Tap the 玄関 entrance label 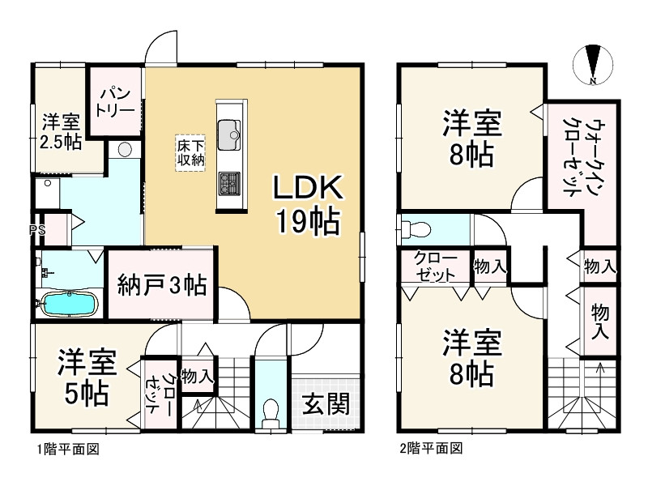tap(326, 403)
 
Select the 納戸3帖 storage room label tap(161, 285)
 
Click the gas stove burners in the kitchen tap(228, 185)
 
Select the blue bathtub tap(70, 305)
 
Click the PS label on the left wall tap(36, 229)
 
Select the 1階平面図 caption tap(66, 448)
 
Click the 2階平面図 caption tap(429, 448)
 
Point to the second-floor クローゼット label tap(435, 266)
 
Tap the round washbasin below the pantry tap(126, 149)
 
